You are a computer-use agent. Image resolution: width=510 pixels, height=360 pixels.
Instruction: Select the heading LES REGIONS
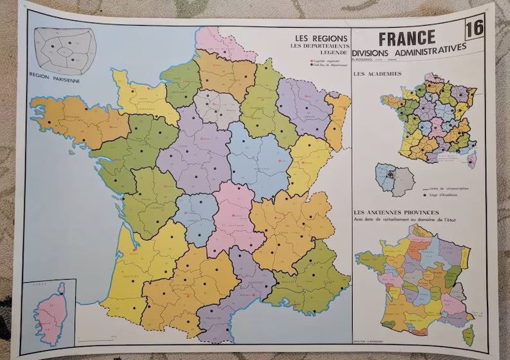320,38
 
